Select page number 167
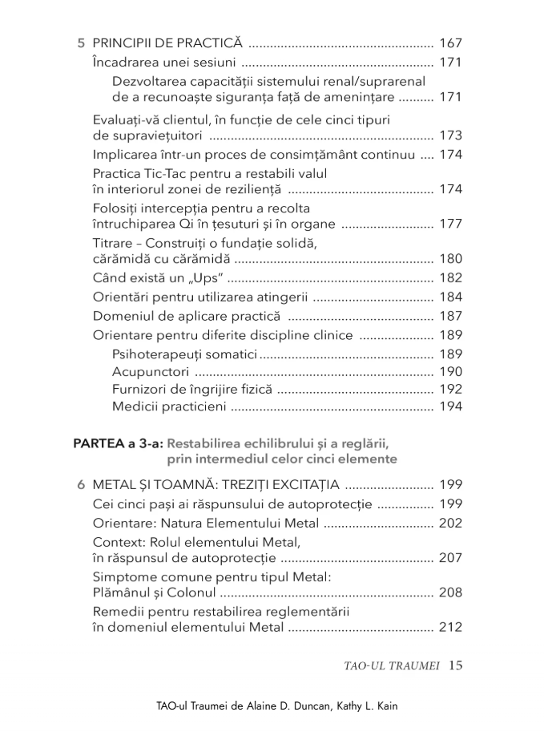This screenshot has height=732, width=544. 451,42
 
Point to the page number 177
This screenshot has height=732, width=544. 451,224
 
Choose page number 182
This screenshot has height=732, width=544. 451,278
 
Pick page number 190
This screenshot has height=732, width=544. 451,371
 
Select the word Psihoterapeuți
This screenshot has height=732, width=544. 157,353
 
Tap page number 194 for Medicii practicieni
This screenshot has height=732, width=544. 451,407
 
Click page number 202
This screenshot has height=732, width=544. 451,524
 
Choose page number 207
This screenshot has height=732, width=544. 451,558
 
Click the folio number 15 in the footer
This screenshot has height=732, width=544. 456,665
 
